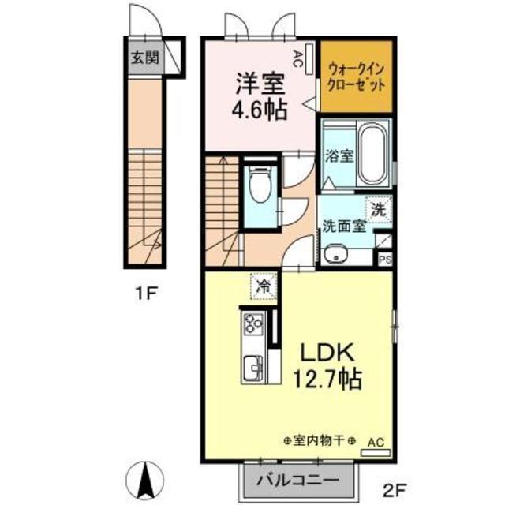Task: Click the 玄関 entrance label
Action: [x=145, y=58]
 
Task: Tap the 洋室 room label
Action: [x=260, y=84]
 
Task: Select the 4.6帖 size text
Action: [x=260, y=110]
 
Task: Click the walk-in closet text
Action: [x=356, y=77]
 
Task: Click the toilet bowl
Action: [x=261, y=185]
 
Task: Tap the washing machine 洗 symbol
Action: [x=379, y=210]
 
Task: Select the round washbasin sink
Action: [x=335, y=254]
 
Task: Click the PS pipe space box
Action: [x=385, y=260]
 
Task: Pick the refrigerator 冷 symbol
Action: [x=264, y=286]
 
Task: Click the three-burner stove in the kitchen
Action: [x=254, y=324]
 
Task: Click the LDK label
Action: [x=327, y=353]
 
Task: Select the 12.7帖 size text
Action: [x=327, y=380]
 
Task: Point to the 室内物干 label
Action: [x=320, y=440]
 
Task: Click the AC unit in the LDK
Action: [x=376, y=452]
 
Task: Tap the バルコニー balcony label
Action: [x=298, y=481]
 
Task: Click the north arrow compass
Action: [x=145, y=480]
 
